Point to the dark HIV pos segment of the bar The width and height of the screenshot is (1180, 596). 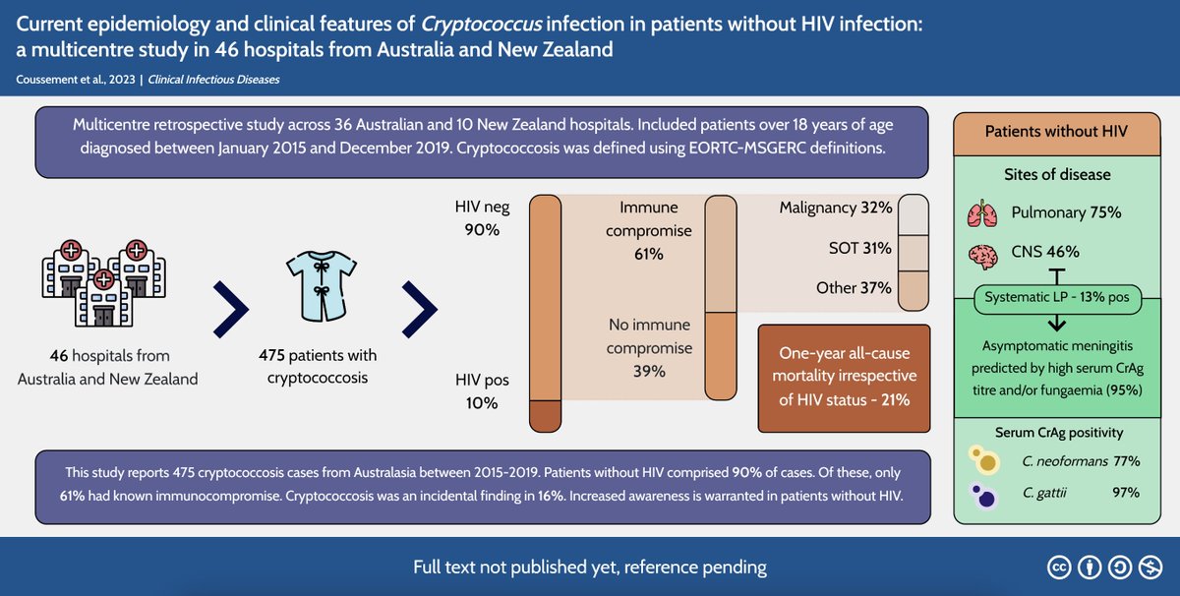pos(545,415)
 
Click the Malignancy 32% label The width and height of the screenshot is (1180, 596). pos(835,208)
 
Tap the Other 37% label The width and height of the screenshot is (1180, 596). pos(854,288)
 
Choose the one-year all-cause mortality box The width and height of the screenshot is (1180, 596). pos(844,378)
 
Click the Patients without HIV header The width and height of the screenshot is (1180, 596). pos(1057,131)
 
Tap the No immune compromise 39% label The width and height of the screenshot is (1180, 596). pos(648,347)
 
